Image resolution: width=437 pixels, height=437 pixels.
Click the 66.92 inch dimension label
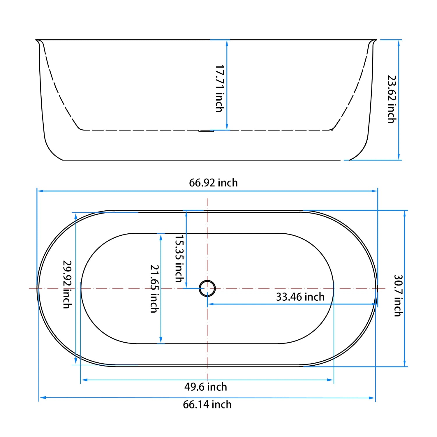pos(213,183)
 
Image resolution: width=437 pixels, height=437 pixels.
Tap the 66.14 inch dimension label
pos(207,405)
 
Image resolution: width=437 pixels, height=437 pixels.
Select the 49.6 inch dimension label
pos(206,387)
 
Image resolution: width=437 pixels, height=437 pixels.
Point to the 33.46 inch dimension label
pos(300,297)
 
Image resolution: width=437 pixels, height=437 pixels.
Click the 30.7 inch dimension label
pos(398,295)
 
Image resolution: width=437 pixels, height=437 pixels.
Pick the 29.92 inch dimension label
pos(67,284)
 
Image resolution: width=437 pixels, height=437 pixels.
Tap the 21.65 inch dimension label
pos(154,288)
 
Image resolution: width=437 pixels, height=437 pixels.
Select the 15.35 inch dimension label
pos(179,258)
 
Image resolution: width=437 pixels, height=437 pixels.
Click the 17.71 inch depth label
pos(220,88)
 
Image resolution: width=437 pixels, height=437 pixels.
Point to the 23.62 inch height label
pos(392,99)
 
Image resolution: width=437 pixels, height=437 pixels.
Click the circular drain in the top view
pos(207,288)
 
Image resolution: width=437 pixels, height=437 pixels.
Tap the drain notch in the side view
pos(206,131)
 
